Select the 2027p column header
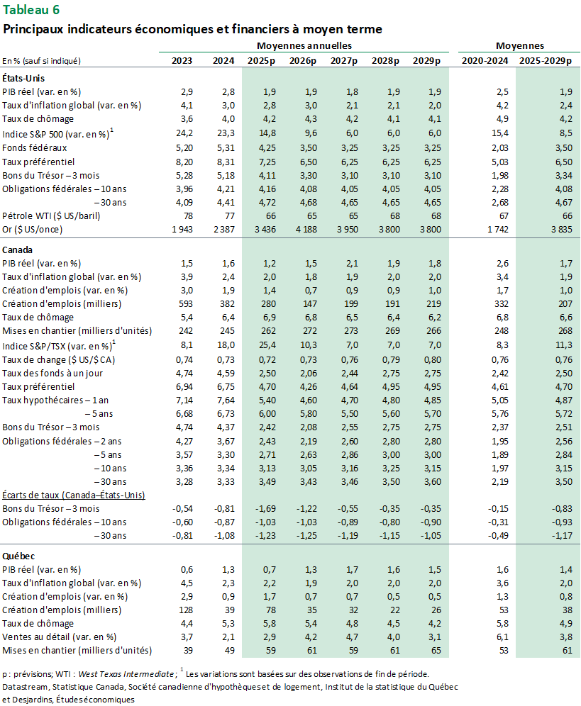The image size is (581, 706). tap(344, 61)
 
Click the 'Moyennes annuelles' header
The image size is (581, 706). tap(304, 45)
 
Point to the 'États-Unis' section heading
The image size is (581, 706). tap(24, 77)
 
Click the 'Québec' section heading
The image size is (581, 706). tap(18, 556)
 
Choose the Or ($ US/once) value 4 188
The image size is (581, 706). tap(302, 229)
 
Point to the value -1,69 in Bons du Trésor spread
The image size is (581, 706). tap(263, 508)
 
